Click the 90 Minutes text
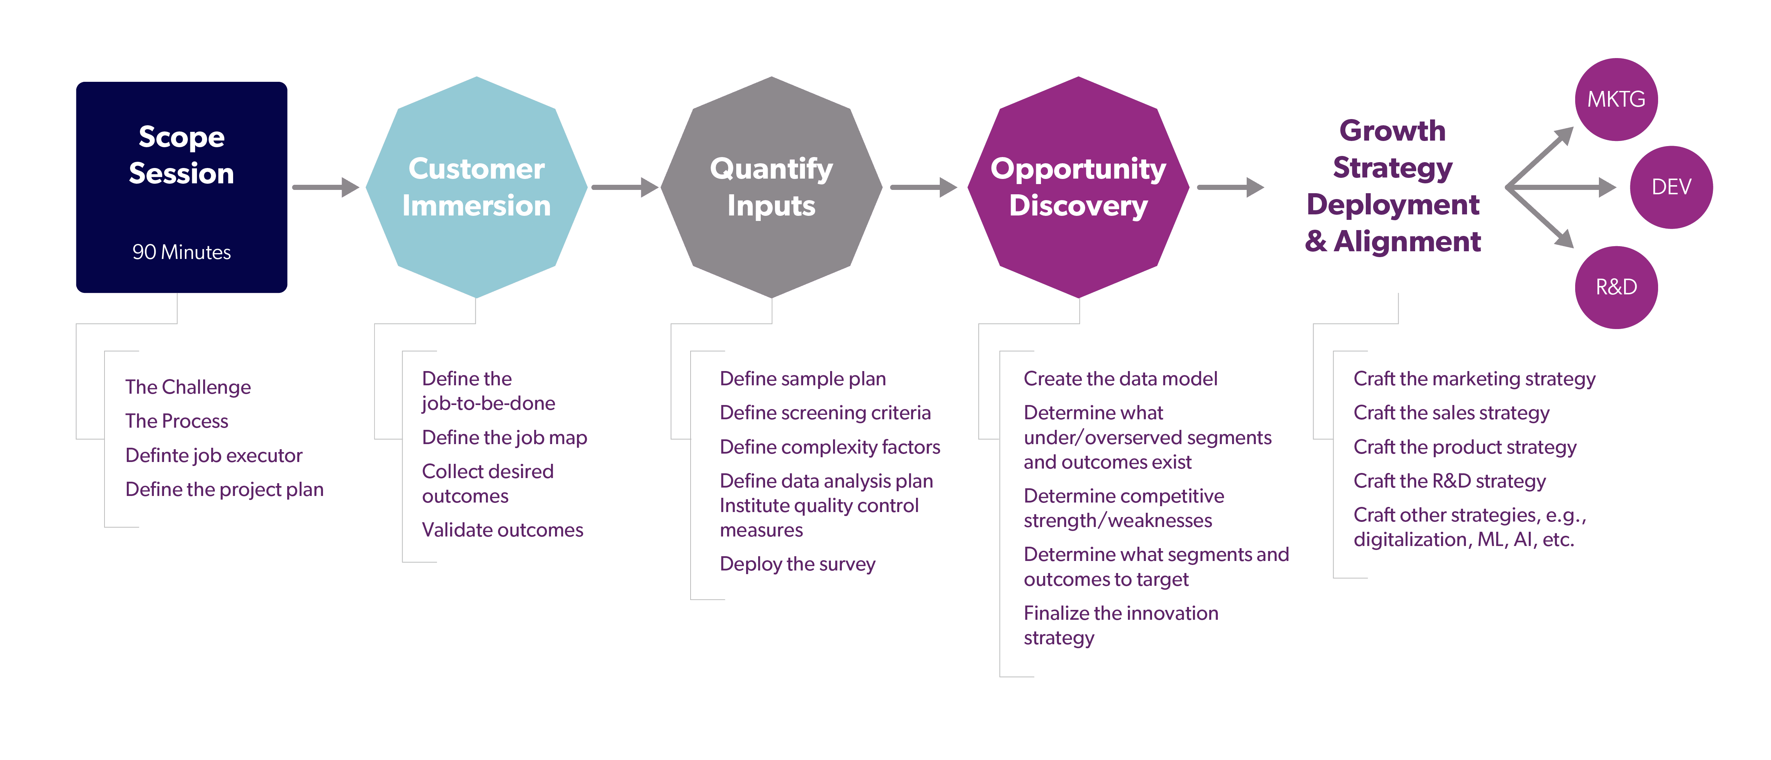(182, 252)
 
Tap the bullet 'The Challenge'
(188, 387)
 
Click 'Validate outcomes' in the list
(502, 530)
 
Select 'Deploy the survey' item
(798, 564)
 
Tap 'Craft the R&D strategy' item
(1449, 481)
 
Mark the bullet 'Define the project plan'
(224, 489)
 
